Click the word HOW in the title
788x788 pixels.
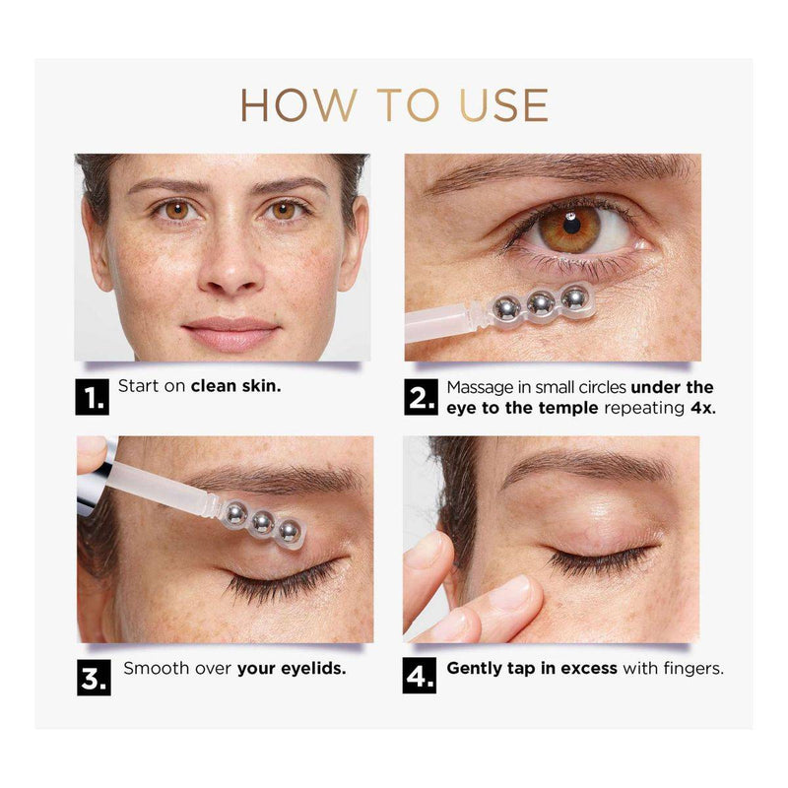(x=299, y=105)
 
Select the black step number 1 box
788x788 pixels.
(x=92, y=397)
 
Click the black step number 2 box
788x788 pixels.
(x=421, y=397)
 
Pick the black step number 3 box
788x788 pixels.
(x=94, y=678)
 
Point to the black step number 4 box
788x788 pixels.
(x=420, y=676)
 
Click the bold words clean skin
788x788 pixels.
(x=235, y=386)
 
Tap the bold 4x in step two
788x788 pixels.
(x=702, y=408)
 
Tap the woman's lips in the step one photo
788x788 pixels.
(x=230, y=333)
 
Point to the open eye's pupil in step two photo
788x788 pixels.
(x=572, y=226)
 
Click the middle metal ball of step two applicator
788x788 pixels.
(x=541, y=303)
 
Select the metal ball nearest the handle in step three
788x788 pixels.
(x=235, y=513)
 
